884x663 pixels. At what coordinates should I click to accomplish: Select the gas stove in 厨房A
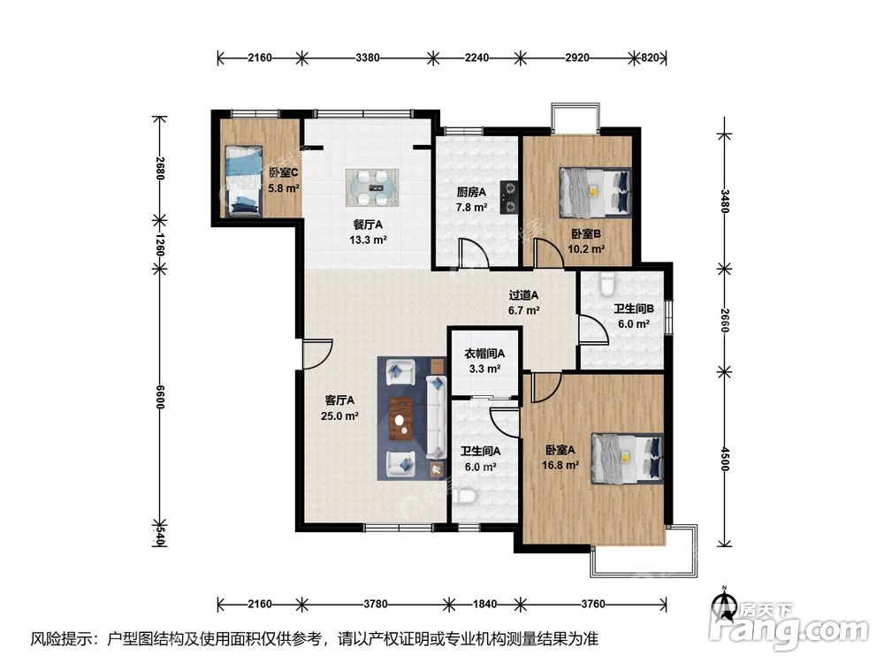click(510, 198)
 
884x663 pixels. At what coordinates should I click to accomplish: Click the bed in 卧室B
click(594, 193)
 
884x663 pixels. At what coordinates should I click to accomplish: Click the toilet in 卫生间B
click(606, 284)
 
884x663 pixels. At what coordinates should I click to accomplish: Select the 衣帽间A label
click(484, 354)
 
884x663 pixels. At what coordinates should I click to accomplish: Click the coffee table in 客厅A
click(401, 419)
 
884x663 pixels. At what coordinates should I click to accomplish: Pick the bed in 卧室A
click(627, 458)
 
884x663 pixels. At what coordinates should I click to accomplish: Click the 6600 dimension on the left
click(160, 398)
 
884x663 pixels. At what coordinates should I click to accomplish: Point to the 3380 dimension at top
click(368, 57)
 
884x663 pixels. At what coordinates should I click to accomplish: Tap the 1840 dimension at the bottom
click(484, 605)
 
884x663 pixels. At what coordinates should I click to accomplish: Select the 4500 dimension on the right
click(725, 460)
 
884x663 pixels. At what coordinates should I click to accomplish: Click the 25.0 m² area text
click(340, 416)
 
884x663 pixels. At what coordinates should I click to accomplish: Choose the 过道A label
click(523, 295)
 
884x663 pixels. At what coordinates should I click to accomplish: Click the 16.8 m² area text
click(560, 466)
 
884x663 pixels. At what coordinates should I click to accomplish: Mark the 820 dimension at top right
click(650, 57)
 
